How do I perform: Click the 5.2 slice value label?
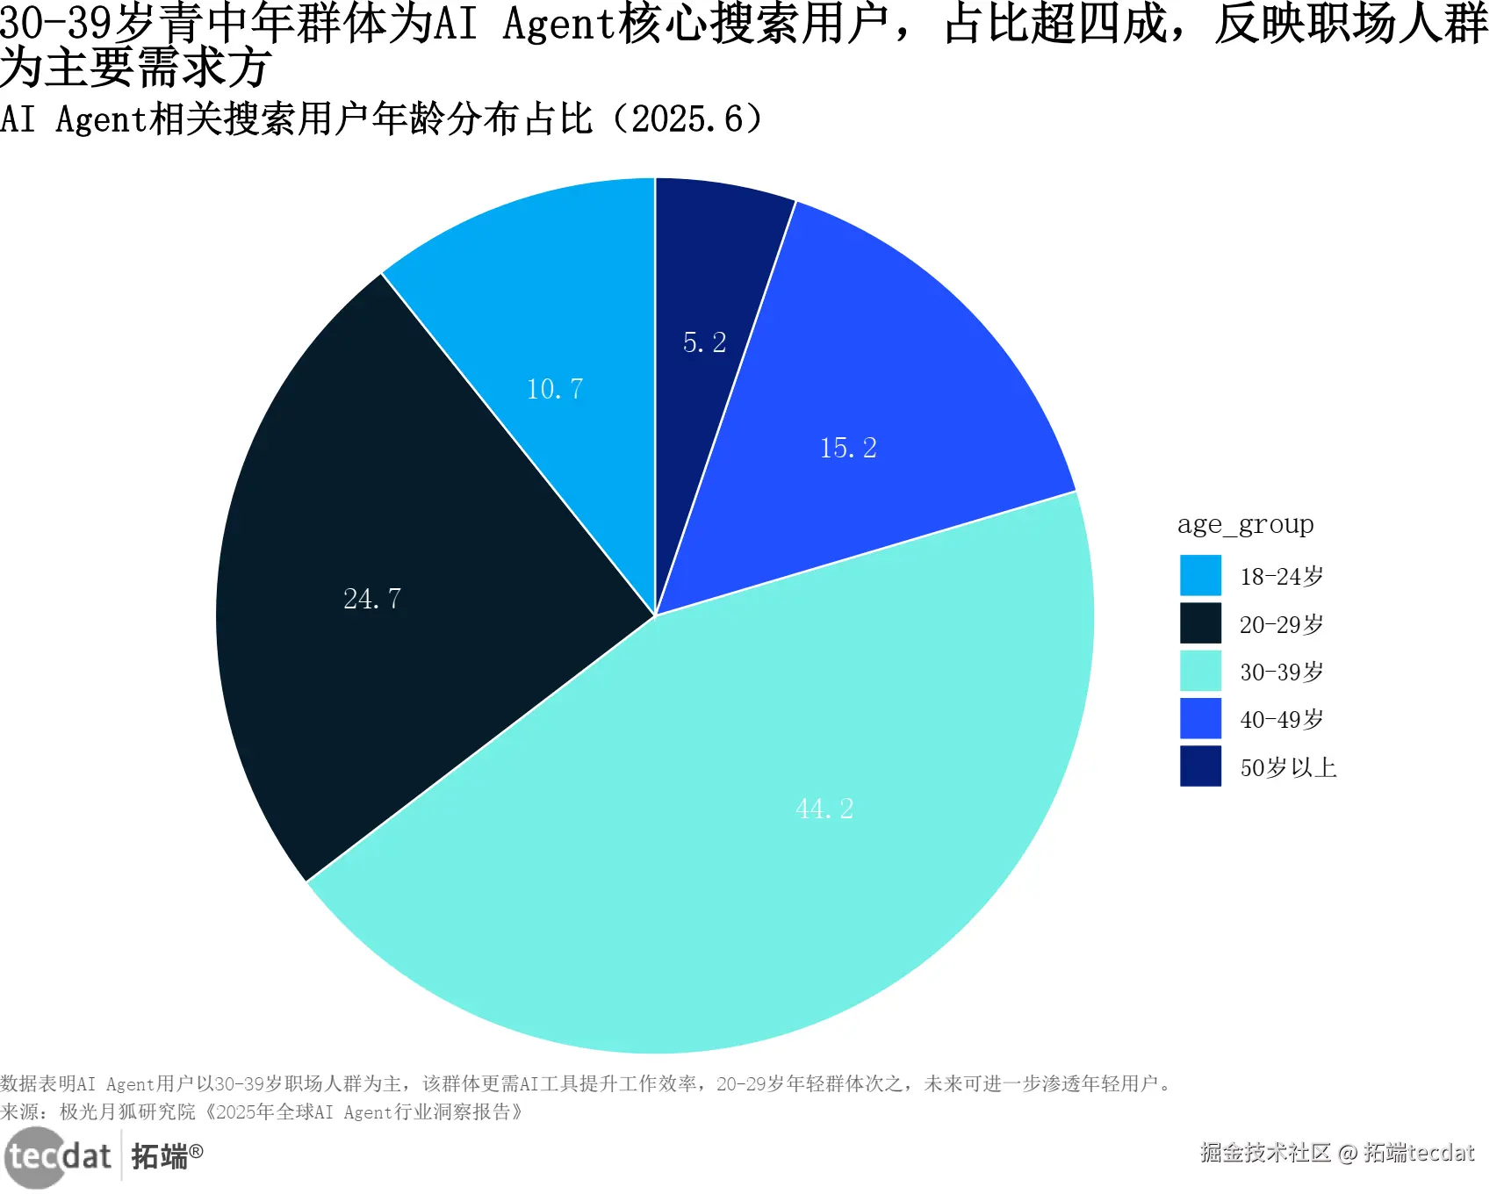point(704,342)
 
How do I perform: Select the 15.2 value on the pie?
point(848,448)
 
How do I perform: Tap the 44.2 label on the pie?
point(824,809)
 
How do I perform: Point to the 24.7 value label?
point(371,599)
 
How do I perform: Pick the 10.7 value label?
point(554,389)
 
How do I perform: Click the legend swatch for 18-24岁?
point(1200,576)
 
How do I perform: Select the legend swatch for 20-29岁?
point(1200,623)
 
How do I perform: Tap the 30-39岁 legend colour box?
point(1200,672)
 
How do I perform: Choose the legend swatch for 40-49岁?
point(1200,719)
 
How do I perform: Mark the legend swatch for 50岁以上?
point(1200,766)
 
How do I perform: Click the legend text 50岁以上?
point(1287,768)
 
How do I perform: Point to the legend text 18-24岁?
point(1281,577)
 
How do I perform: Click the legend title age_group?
point(1245,524)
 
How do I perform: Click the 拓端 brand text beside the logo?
point(160,1156)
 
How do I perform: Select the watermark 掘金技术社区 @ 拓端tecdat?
point(1336,1153)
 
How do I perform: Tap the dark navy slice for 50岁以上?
point(711,263)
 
